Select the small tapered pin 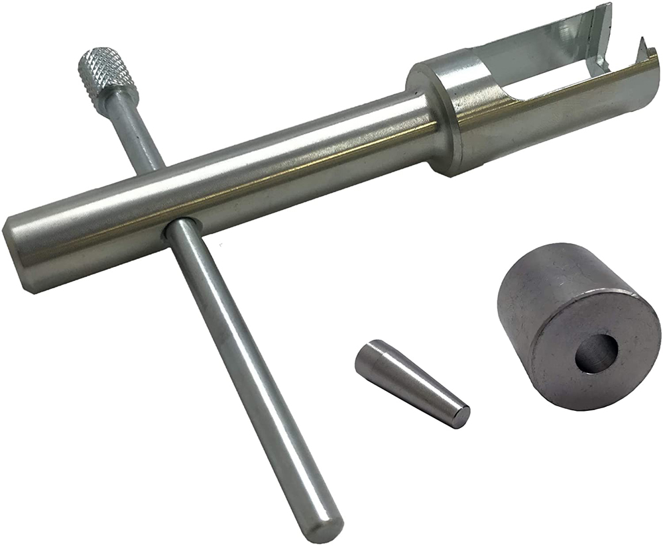411,383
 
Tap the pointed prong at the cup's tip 641,47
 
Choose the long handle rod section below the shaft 252,378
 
